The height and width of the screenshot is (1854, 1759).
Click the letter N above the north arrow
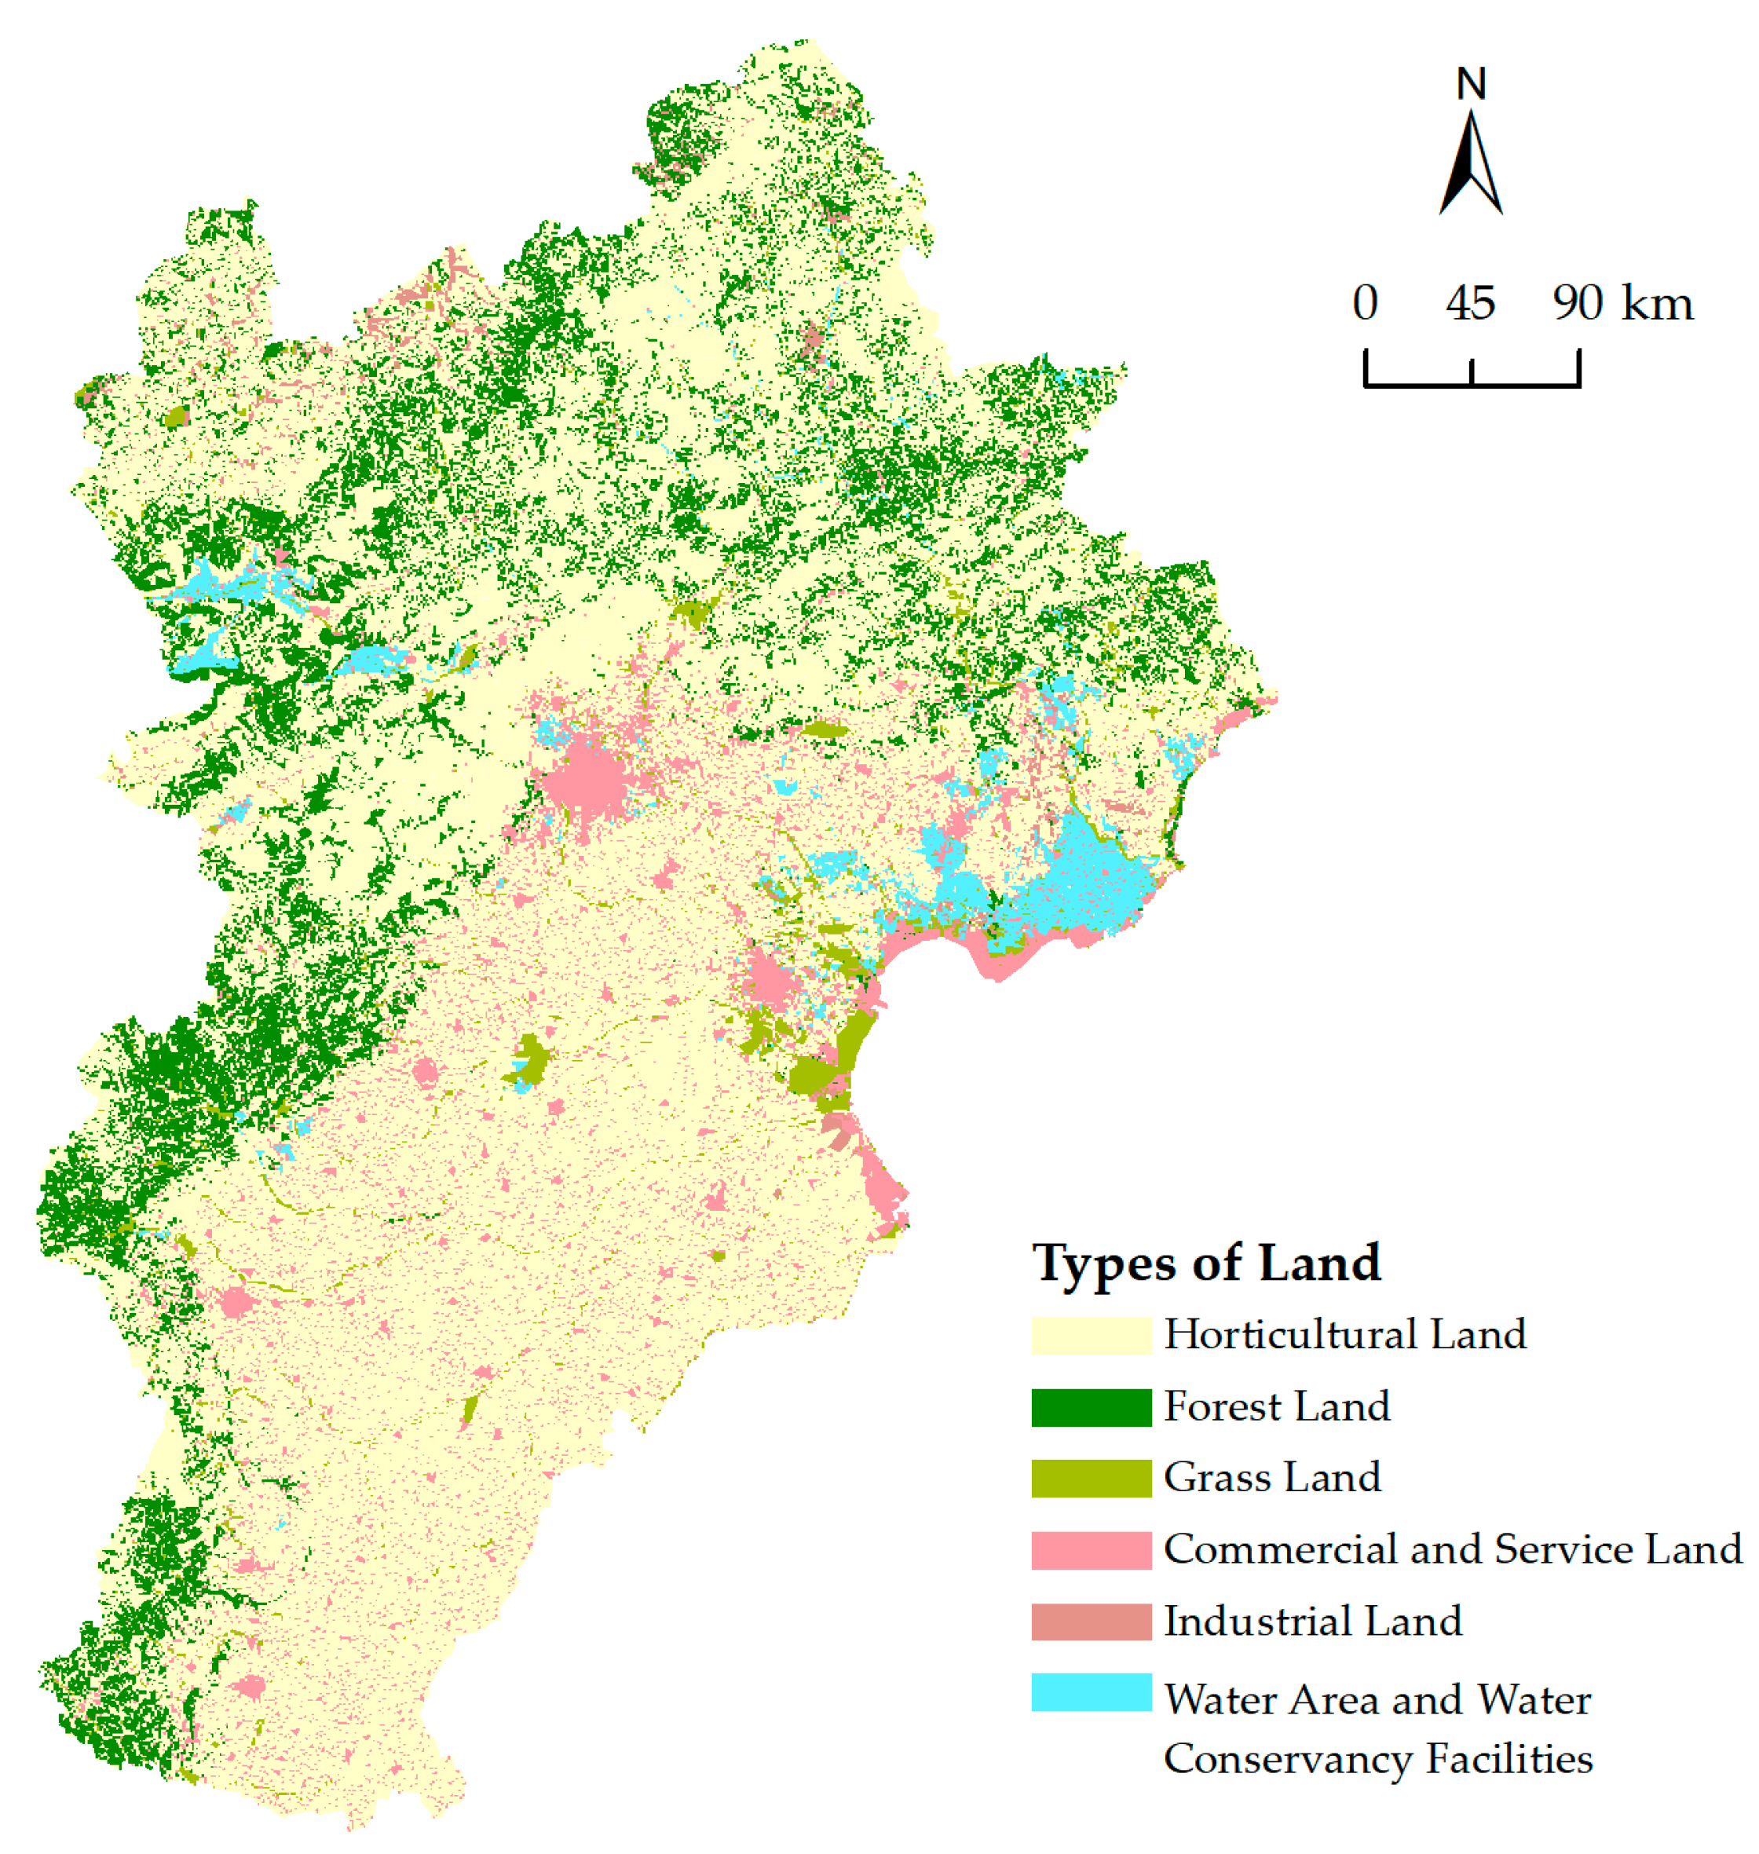tap(1470, 84)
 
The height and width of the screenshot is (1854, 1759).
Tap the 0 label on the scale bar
tap(1366, 303)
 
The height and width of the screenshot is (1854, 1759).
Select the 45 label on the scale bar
tap(1470, 303)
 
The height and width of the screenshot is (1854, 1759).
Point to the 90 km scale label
tap(1622, 303)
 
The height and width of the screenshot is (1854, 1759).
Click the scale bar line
tap(1472, 383)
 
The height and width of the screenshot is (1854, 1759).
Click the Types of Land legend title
tap(1206, 1262)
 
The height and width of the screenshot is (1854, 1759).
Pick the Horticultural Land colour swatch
tap(1091, 1334)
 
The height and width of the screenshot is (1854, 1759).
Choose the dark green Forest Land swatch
tap(1091, 1406)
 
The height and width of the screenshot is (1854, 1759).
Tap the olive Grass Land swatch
tap(1091, 1478)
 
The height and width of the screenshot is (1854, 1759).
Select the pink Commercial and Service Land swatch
tap(1091, 1550)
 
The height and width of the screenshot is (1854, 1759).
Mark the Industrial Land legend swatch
tap(1091, 1622)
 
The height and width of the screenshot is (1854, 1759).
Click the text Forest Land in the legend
tap(1276, 1406)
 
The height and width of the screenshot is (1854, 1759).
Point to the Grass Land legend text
tap(1272, 1478)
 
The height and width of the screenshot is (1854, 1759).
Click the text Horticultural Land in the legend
tap(1344, 1334)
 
